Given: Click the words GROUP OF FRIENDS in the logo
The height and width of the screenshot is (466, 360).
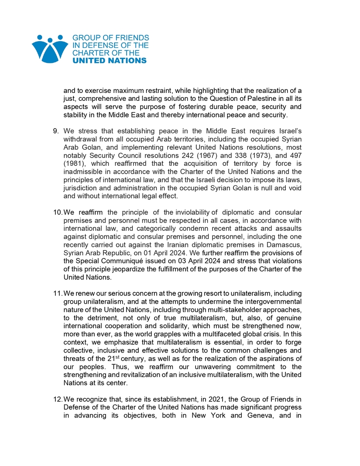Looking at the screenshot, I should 110,38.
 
